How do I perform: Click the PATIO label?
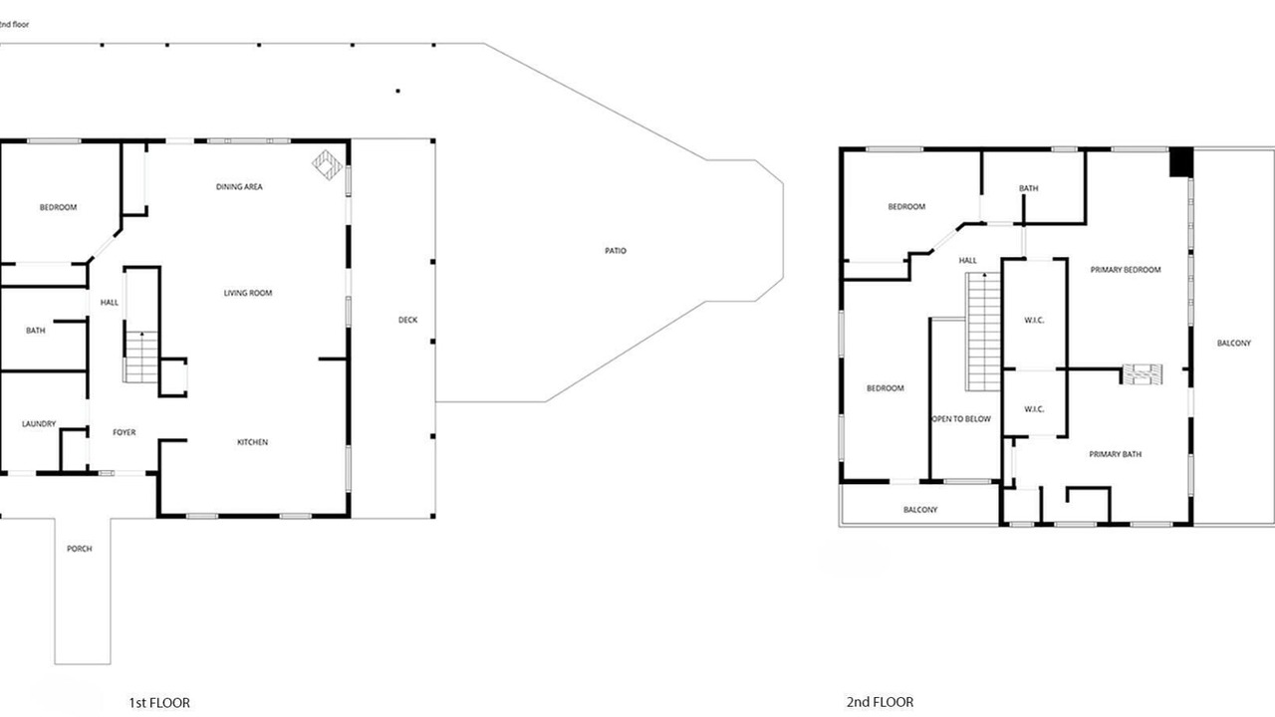coord(616,250)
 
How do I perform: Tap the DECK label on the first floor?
coord(407,320)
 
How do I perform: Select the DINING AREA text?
coord(239,186)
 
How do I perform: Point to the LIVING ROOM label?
coord(248,293)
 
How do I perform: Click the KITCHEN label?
coord(252,442)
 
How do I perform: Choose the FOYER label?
coord(125,432)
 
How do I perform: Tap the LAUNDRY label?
coord(39,424)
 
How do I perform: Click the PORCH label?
coord(79,549)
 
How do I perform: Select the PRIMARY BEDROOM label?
coord(1126,270)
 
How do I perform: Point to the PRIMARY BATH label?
coord(1115,454)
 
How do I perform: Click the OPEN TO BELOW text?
coord(961,419)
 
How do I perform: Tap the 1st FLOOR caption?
coord(159,703)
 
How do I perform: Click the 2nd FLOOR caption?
coord(880,702)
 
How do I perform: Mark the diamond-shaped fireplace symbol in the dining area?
coord(328,165)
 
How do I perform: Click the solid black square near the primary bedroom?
coord(1181,162)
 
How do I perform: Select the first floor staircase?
coord(141,357)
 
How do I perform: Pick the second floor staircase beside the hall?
coord(983,332)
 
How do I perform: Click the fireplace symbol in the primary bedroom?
coord(1142,374)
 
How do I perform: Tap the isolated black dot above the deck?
coord(397,91)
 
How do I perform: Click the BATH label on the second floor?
coord(1029,188)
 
